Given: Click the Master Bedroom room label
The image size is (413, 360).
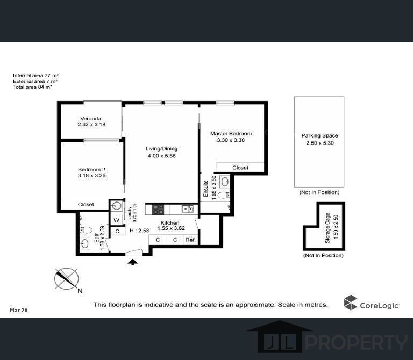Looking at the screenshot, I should [x=231, y=133].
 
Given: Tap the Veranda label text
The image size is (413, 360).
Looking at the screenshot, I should [x=91, y=118].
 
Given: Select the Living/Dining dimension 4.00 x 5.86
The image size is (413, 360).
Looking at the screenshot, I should [x=162, y=156].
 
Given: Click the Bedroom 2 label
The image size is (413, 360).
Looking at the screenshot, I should [x=91, y=169].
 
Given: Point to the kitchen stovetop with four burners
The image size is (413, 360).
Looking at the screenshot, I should [x=158, y=209].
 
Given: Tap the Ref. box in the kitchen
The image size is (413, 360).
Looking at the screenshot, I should [x=190, y=240].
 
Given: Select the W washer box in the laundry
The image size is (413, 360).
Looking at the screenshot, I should [x=116, y=220].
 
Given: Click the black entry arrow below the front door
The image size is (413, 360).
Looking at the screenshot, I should [x=132, y=262].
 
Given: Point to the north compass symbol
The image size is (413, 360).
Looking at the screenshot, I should [x=67, y=279].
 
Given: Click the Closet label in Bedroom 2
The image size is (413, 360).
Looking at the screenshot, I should [x=86, y=205].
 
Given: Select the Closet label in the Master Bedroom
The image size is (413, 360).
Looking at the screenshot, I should [x=240, y=168].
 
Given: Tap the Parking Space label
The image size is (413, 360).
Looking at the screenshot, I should [x=319, y=136].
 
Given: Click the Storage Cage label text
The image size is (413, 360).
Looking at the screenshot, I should [x=327, y=225].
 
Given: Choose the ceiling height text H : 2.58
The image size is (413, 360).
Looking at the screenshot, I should [x=139, y=231].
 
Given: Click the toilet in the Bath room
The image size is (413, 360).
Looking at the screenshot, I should [x=85, y=230].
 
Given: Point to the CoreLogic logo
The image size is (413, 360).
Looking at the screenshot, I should [x=372, y=303].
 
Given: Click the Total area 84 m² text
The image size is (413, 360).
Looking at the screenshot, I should [x=32, y=87].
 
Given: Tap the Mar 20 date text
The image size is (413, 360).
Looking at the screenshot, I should [x=19, y=310].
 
